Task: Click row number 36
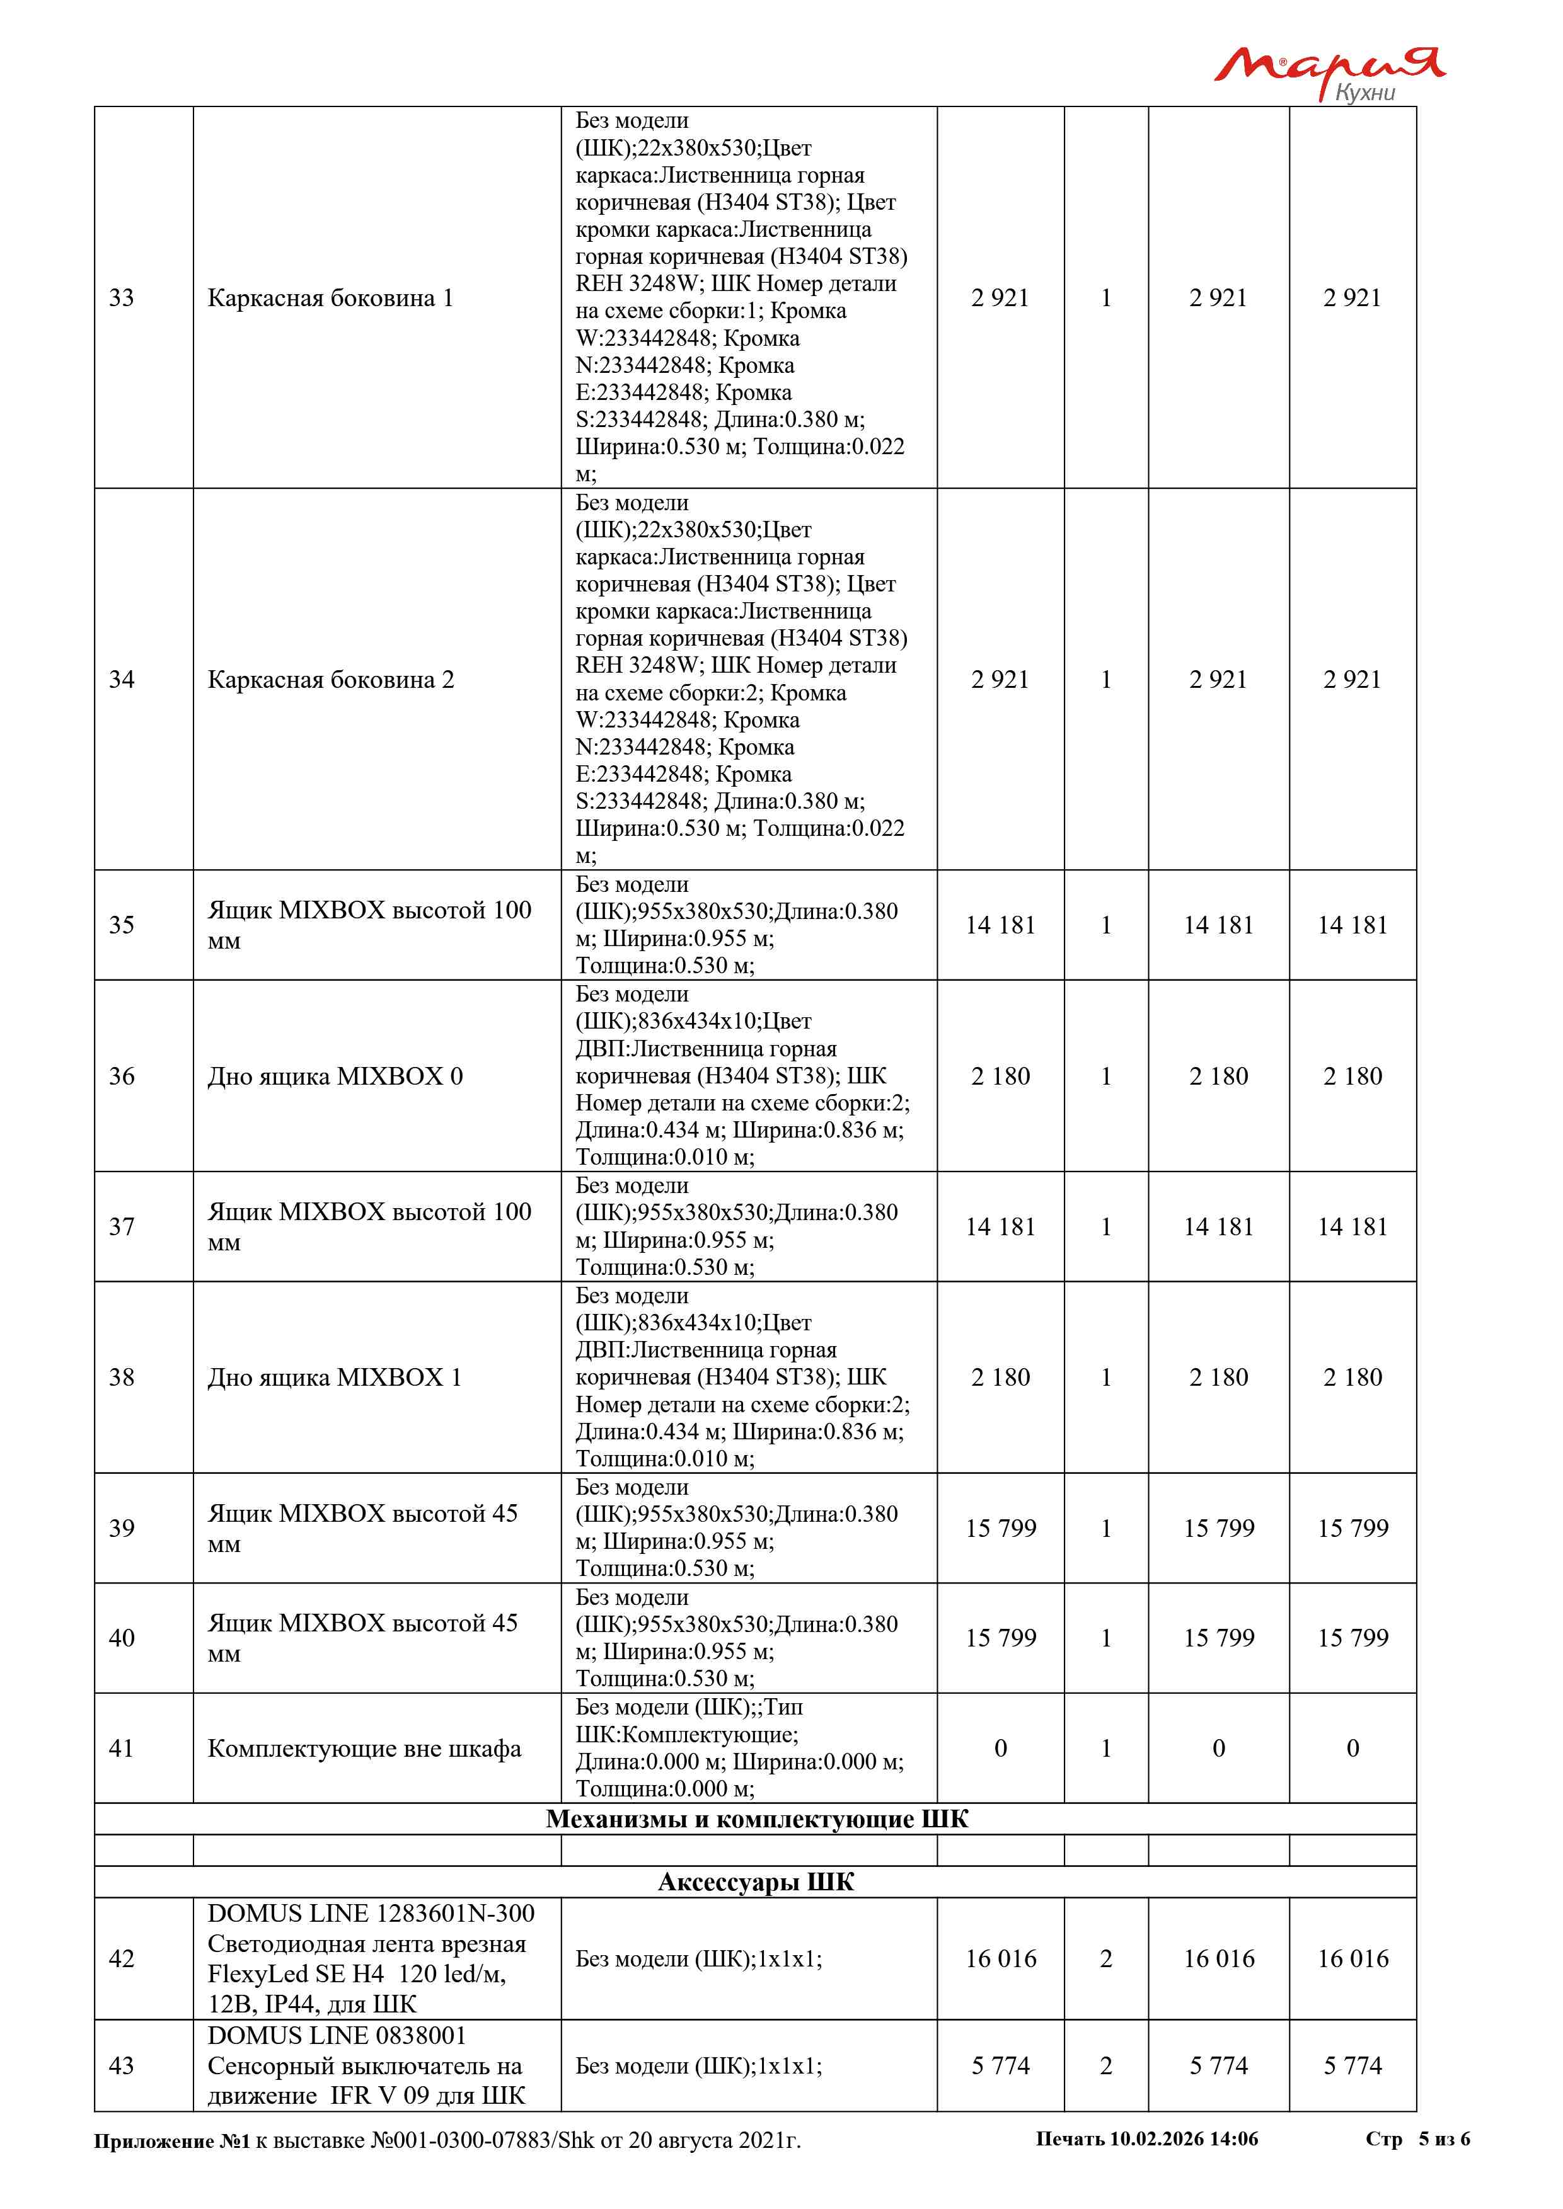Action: click(121, 1076)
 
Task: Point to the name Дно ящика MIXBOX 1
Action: click(334, 1377)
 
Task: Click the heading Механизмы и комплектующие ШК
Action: click(756, 1819)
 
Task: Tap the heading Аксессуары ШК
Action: click(756, 1882)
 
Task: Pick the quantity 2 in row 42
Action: click(1106, 1959)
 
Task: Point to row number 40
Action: click(121, 1638)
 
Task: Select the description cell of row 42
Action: click(699, 1959)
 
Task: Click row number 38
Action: click(121, 1377)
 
